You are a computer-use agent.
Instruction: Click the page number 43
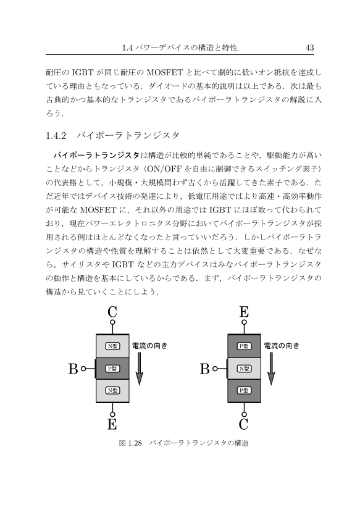click(309, 48)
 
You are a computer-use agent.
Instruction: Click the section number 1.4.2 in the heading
click(56, 135)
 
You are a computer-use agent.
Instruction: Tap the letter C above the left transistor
click(112, 312)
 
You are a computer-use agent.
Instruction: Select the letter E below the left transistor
click(112, 424)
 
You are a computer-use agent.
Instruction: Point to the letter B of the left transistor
click(73, 369)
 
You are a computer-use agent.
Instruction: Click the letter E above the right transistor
click(244, 312)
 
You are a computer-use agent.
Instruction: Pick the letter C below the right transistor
click(243, 424)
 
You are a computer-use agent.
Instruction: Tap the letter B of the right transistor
click(204, 369)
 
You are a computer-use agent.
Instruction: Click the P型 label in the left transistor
click(112, 369)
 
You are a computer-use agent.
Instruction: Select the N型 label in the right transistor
click(245, 369)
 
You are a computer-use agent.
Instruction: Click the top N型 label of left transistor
click(112, 346)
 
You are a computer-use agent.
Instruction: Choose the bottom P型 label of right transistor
click(245, 390)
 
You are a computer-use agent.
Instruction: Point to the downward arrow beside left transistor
click(139, 369)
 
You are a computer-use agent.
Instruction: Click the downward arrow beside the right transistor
click(271, 369)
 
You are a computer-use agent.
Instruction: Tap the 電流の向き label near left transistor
click(149, 346)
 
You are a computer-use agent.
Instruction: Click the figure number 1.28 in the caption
click(135, 443)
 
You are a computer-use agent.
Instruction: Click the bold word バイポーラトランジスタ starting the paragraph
click(96, 155)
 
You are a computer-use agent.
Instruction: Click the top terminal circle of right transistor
click(245, 322)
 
